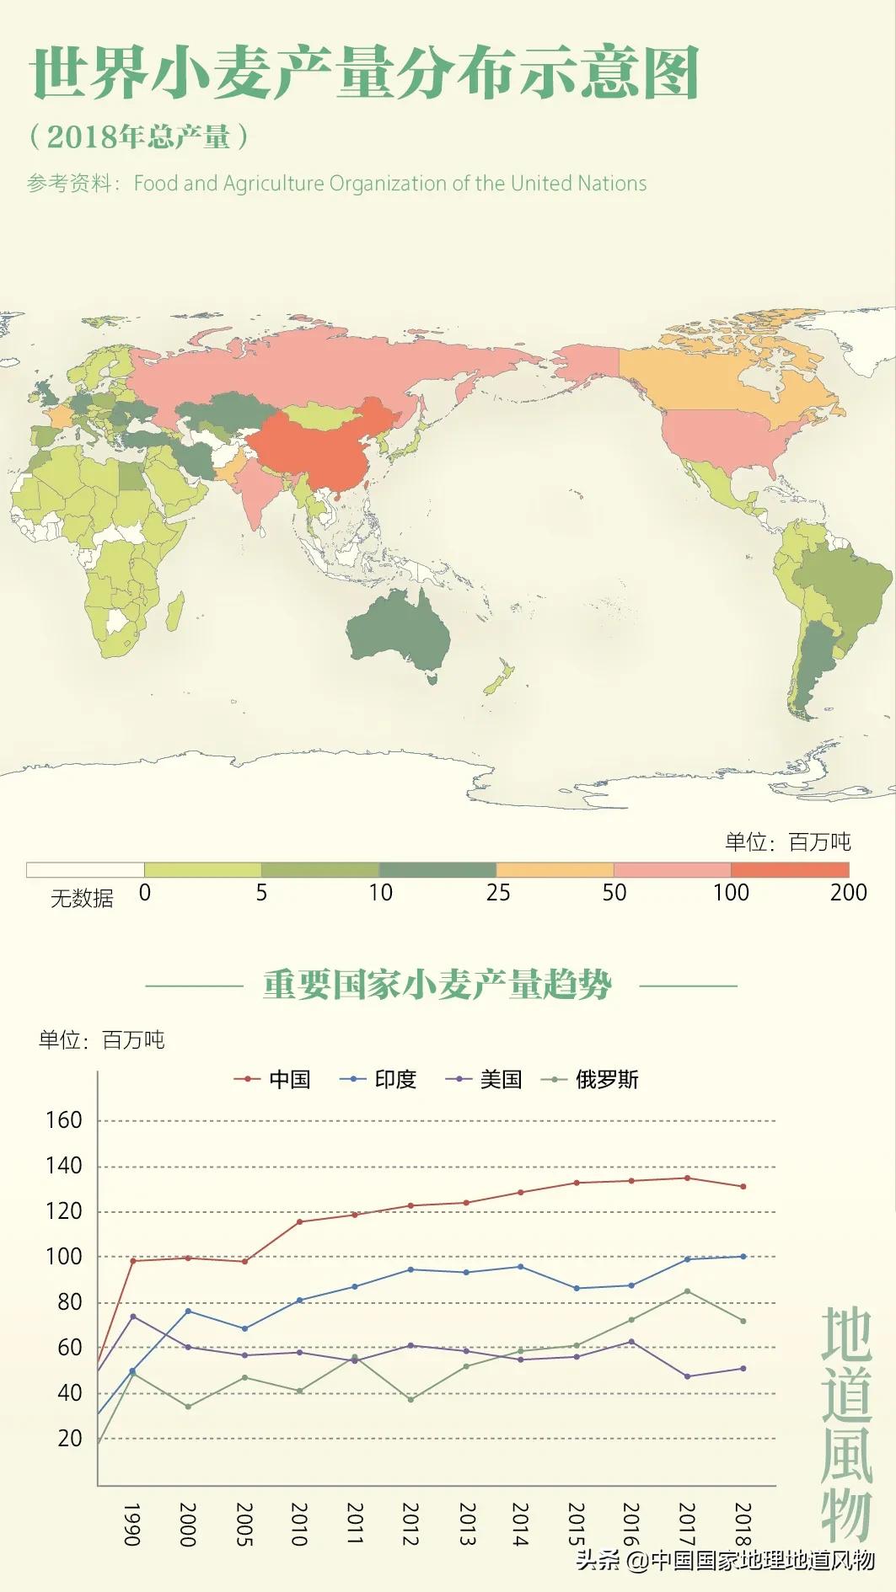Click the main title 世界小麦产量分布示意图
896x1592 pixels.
(x=364, y=73)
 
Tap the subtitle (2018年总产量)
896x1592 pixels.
(x=139, y=137)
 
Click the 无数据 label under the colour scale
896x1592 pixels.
(x=82, y=899)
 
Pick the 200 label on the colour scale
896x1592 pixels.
(x=847, y=893)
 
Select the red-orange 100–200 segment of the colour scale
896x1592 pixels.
(x=789, y=870)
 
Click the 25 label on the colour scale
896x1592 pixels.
(x=497, y=893)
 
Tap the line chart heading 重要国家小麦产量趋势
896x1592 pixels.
(x=437, y=984)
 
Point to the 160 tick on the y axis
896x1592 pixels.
(x=64, y=1120)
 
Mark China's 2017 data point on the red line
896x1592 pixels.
(x=687, y=1178)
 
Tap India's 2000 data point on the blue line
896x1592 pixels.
(x=188, y=1311)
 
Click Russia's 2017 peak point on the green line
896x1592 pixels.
(x=687, y=1290)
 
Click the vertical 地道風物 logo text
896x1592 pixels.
(x=846, y=1424)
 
